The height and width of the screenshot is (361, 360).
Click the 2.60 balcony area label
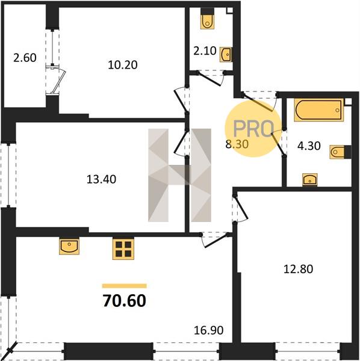pyautogui.click(x=25, y=58)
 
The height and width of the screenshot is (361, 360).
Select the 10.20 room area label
pyautogui.click(x=123, y=65)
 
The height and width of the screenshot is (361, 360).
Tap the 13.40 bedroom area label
pyautogui.click(x=101, y=179)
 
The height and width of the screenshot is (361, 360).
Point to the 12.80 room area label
pyautogui.click(x=298, y=269)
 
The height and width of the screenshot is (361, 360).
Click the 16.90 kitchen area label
pyautogui.click(x=209, y=330)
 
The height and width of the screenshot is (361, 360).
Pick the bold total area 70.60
pyautogui.click(x=125, y=301)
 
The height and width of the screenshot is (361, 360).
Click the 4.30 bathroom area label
pyautogui.click(x=309, y=146)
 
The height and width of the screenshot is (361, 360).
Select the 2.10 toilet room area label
pyautogui.click(x=205, y=51)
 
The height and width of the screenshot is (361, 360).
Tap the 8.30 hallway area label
pyautogui.click(x=237, y=144)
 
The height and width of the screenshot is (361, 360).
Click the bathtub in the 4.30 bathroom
pyautogui.click(x=319, y=110)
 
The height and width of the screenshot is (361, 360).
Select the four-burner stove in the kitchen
pyautogui.click(x=123, y=249)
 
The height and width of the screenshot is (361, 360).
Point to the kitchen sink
pyautogui.click(x=69, y=246)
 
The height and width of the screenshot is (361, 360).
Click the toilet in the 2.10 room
pyautogui.click(x=207, y=19)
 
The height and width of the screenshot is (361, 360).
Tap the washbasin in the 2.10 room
pyautogui.click(x=226, y=55)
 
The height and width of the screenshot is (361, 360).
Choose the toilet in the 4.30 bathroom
pyautogui.click(x=340, y=152)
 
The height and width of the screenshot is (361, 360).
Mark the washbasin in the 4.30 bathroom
pyautogui.click(x=310, y=179)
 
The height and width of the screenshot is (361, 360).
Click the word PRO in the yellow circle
pyautogui.click(x=253, y=129)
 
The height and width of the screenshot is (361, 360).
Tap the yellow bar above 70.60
pyautogui.click(x=125, y=286)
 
